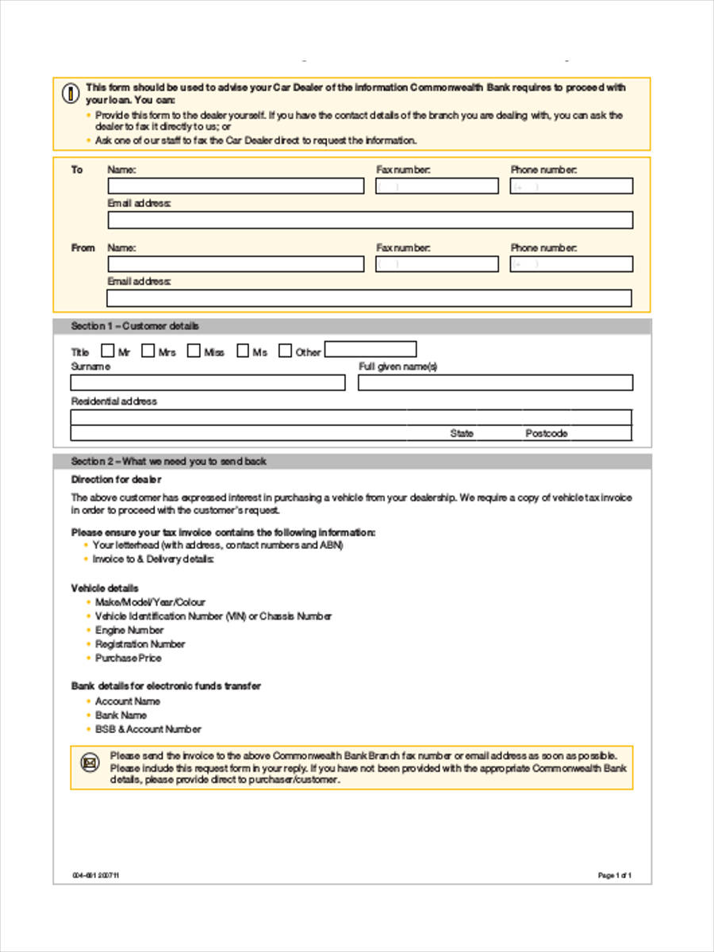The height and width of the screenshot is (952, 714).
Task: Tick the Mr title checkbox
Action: pyautogui.click(x=107, y=351)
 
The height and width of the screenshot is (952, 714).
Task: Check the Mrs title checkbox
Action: pyautogui.click(x=148, y=351)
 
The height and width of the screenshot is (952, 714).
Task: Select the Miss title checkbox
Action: pyautogui.click(x=194, y=351)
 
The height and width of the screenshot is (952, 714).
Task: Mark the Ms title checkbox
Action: pyautogui.click(x=243, y=351)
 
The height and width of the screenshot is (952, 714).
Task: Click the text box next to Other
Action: pyautogui.click(x=370, y=350)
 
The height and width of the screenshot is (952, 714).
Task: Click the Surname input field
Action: pyautogui.click(x=208, y=383)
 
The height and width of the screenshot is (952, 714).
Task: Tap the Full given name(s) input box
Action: pyautogui.click(x=495, y=383)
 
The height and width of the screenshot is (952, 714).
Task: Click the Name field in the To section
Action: pyautogui.click(x=236, y=186)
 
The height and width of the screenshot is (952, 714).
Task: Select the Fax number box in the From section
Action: pyautogui.click(x=437, y=264)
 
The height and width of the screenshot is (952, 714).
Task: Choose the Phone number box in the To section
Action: pyautogui.click(x=571, y=186)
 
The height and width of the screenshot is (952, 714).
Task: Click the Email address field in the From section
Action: pyautogui.click(x=369, y=298)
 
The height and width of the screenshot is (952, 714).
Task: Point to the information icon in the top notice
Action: pyautogui.click(x=71, y=94)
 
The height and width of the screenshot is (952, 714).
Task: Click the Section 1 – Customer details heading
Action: pyautogui.click(x=136, y=326)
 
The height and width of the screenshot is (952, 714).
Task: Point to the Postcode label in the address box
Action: pyautogui.click(x=547, y=434)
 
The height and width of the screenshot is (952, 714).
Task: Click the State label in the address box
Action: pyautogui.click(x=462, y=434)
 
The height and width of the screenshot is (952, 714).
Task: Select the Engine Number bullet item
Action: pyautogui.click(x=129, y=630)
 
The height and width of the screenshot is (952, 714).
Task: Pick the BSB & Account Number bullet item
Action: pyautogui.click(x=148, y=729)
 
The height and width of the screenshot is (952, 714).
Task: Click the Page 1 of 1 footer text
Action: pyautogui.click(x=614, y=876)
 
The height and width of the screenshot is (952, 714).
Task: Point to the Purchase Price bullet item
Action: pyautogui.click(x=128, y=658)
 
